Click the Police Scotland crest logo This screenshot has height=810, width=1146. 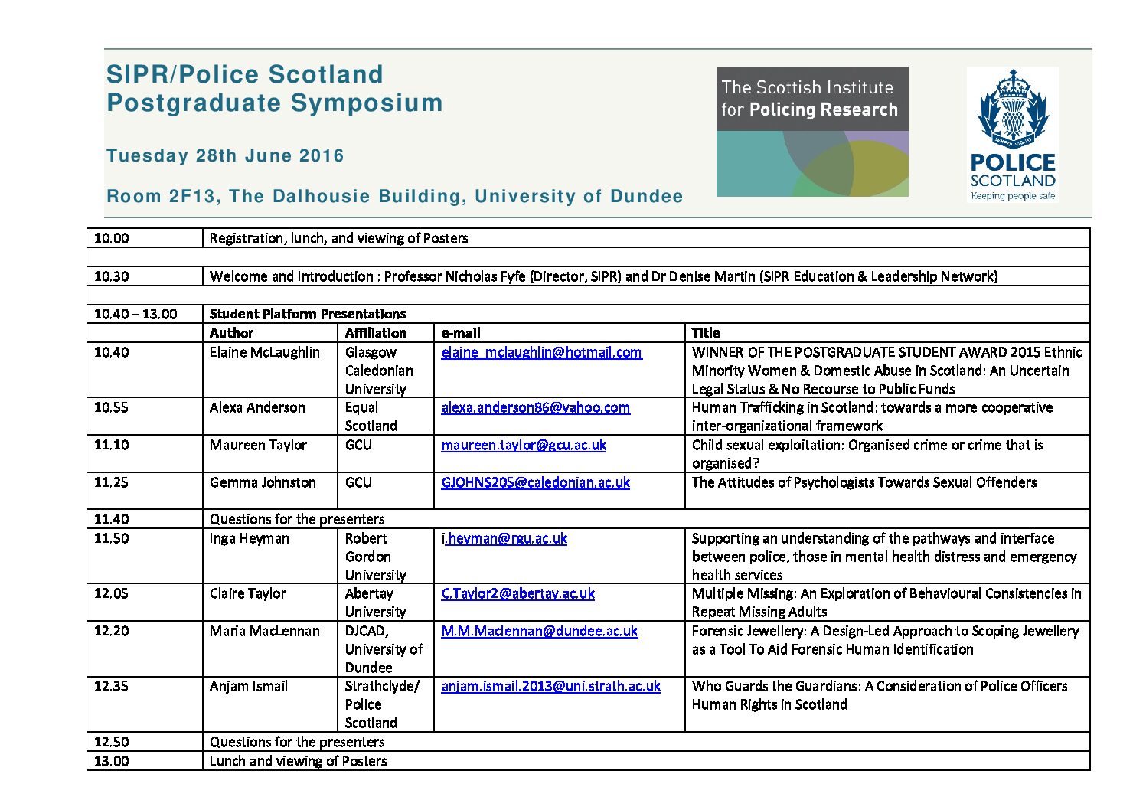1012,133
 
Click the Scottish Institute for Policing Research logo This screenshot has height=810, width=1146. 812,132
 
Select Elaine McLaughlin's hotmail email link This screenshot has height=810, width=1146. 541,352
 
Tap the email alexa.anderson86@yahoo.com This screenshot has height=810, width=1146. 535,407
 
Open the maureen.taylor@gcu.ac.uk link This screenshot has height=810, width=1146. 524,445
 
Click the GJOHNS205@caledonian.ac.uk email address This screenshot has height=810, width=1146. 535,482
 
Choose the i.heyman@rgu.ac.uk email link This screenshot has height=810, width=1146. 504,538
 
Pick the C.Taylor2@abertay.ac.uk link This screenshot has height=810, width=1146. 517,593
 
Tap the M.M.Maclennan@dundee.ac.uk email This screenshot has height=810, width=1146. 539,631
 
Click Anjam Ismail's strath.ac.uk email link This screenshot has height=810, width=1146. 550,686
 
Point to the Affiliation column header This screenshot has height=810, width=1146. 375,333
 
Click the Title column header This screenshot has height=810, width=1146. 705,333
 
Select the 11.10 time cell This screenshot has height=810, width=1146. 112,445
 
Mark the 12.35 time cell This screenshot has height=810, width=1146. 112,686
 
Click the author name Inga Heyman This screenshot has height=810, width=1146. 249,538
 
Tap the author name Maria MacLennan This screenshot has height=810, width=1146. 264,631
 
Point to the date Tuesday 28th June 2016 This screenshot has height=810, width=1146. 225,155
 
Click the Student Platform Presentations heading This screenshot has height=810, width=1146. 308,314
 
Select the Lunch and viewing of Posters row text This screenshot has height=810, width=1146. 298,761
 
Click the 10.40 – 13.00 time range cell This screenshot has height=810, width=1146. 135,314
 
